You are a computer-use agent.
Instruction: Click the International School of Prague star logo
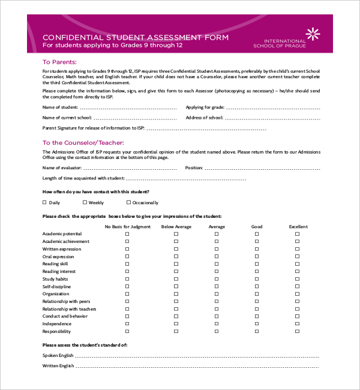click(313, 34)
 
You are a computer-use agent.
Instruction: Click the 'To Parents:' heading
click(59, 62)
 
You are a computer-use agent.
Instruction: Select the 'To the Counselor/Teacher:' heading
click(83, 143)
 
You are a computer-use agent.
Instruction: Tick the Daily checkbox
click(45, 203)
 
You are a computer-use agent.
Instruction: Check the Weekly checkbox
click(85, 203)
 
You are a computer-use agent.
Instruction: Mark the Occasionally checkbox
click(128, 203)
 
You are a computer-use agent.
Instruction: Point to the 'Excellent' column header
click(298, 227)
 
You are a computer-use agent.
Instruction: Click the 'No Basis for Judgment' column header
click(127, 227)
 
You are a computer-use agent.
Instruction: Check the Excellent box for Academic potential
click(297, 234)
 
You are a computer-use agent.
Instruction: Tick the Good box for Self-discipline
click(257, 287)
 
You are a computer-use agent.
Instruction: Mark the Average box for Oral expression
click(217, 257)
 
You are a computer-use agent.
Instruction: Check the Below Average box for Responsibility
click(176, 332)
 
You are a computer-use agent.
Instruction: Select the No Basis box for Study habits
click(127, 279)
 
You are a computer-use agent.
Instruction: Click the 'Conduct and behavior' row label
click(65, 316)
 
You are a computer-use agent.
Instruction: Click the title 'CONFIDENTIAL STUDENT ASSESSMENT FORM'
click(135, 37)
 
